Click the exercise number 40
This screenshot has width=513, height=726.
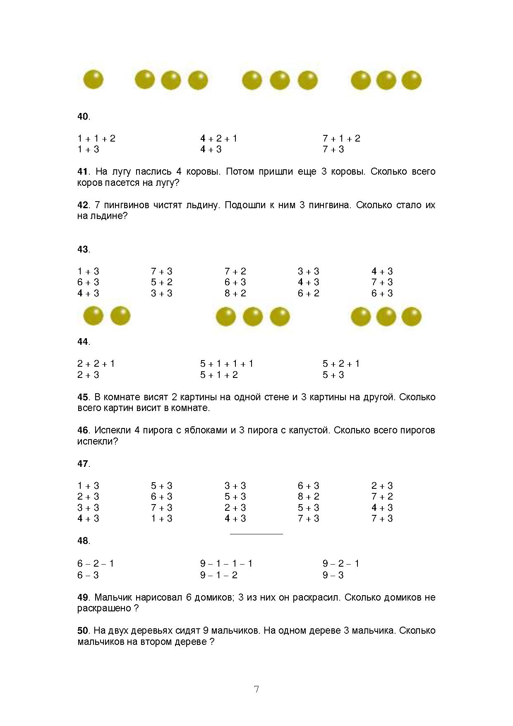pos(83,117)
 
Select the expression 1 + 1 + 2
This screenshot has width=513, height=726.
pos(96,139)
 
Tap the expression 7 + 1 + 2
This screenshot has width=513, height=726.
pos(341,139)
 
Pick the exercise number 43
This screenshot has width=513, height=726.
pos(83,250)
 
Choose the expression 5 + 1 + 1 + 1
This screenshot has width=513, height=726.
pos(227,364)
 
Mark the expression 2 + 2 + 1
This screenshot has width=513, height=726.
pos(96,364)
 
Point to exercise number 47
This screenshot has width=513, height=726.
pos(83,464)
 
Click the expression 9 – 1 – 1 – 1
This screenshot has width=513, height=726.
pos(226,564)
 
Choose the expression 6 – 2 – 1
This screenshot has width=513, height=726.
pos(96,564)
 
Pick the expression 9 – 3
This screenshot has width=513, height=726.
pos(333,575)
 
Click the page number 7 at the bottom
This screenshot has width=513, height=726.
pos(256,690)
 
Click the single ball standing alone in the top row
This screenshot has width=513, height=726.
pos(93,79)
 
